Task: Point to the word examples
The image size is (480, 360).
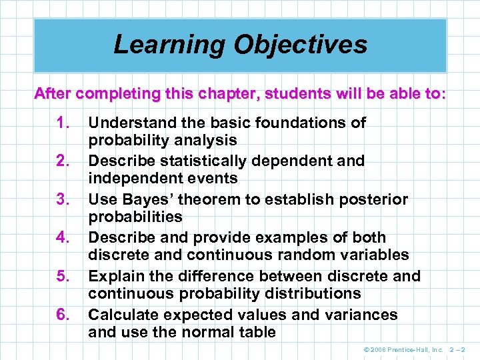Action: click(299, 238)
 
